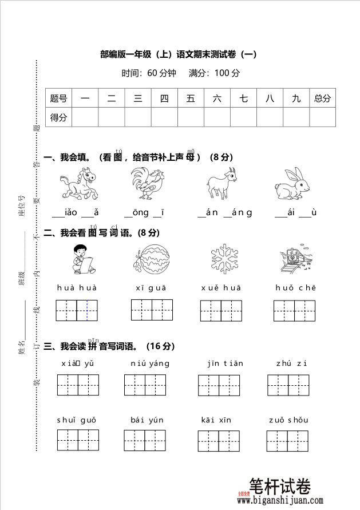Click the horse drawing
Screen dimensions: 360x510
pyautogui.click(x=78, y=184)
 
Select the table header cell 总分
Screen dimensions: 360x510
pyautogui.click(x=322, y=98)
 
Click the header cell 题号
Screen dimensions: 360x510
pyautogui.click(x=58, y=98)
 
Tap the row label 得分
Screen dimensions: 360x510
pyautogui.click(x=58, y=117)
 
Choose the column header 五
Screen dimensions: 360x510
pyautogui.click(x=191, y=98)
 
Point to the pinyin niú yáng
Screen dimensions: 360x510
pyautogui.click(x=151, y=363)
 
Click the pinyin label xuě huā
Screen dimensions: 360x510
pyautogui.click(x=221, y=288)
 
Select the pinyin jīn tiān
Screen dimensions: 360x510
pyautogui.click(x=225, y=363)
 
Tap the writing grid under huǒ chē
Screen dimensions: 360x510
pyautogui.click(x=294, y=310)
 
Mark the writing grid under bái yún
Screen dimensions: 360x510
pyautogui.click(x=145, y=440)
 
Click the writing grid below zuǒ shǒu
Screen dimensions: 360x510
pyautogui.click(x=287, y=440)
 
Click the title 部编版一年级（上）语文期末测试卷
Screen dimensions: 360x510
pyautogui.click(x=178, y=55)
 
